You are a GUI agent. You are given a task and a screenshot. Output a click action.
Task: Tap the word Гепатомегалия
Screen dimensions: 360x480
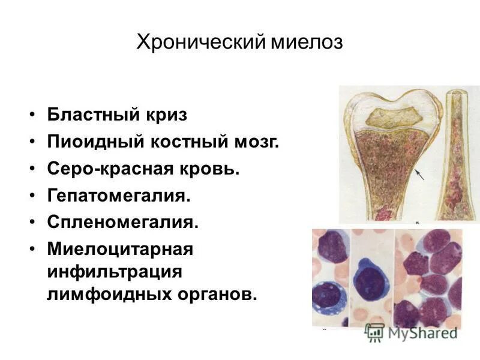119,196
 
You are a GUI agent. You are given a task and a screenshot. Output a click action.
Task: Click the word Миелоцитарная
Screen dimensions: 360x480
120,248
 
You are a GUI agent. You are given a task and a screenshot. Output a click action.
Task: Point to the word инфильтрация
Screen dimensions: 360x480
115,271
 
